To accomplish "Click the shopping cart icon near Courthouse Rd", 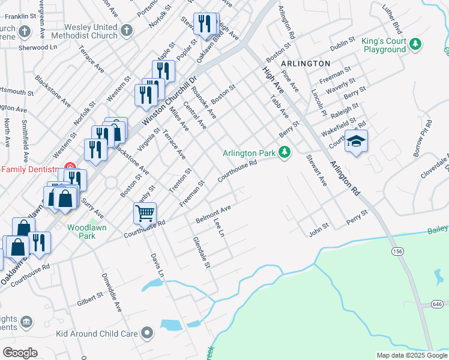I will pyautogui.click(x=145, y=213).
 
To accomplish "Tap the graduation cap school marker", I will pyautogui.click(x=357, y=142).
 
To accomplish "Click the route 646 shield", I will pyautogui.click(x=440, y=305).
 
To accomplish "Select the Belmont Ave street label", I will pyautogui.click(x=213, y=214).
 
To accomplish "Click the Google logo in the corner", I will pyautogui.click(x=20, y=352).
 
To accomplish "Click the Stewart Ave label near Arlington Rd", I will pyautogui.click(x=316, y=170).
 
